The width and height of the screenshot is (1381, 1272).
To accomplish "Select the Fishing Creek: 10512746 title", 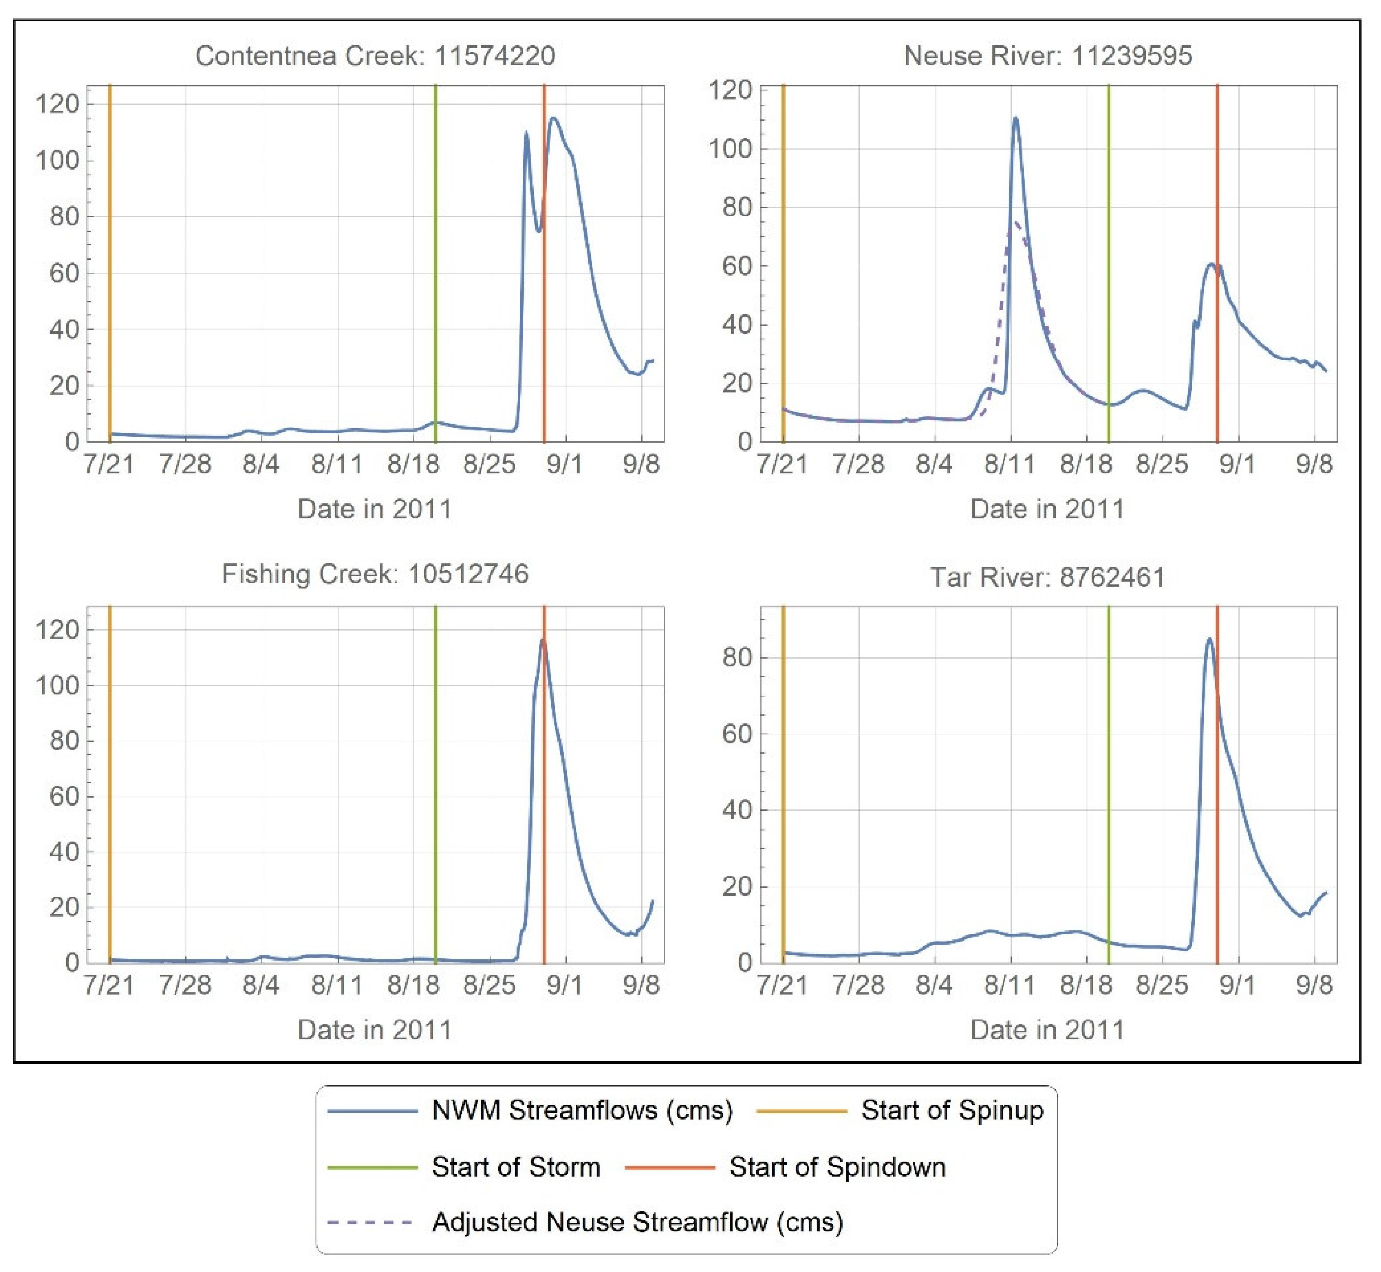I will click(x=375, y=574).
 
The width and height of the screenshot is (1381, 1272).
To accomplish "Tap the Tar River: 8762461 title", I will click(x=1048, y=577).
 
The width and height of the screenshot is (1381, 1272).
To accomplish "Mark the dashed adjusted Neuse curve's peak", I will click(x=1015, y=222).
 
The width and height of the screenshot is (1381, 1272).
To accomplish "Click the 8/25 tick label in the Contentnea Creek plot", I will click(x=489, y=465).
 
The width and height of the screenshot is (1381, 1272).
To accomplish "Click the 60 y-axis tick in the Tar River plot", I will click(x=736, y=734).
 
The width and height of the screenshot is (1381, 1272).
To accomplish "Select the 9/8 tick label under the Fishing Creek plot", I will click(x=641, y=985).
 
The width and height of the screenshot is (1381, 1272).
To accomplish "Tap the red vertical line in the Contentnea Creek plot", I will click(x=544, y=310).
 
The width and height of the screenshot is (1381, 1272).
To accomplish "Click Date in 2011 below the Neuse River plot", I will click(x=1047, y=509).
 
